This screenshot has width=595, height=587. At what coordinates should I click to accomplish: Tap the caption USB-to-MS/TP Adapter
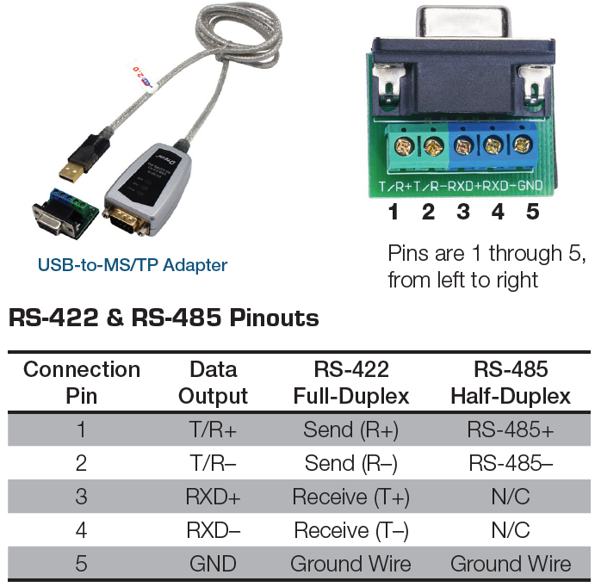click(132, 265)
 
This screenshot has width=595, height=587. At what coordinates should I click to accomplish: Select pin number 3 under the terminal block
click(463, 211)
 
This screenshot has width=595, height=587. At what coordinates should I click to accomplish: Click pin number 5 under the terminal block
click(532, 211)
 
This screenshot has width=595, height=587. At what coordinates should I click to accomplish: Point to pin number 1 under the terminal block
click(394, 211)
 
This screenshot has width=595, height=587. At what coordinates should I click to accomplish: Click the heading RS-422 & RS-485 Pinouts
click(164, 318)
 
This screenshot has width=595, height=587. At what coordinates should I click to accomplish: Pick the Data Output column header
click(213, 383)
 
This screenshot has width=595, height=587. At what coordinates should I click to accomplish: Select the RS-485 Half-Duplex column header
click(511, 383)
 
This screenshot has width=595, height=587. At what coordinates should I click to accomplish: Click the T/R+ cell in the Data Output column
click(213, 429)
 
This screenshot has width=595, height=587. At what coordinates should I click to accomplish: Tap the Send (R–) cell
click(350, 463)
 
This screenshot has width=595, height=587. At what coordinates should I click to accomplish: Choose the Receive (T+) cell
click(350, 497)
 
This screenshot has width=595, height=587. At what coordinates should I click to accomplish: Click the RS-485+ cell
click(511, 429)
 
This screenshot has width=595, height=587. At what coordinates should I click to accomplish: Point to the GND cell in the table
click(213, 564)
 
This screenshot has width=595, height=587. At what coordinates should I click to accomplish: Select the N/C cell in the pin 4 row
click(511, 530)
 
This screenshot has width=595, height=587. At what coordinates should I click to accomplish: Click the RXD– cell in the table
click(213, 530)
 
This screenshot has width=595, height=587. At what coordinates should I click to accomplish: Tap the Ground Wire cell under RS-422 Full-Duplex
click(350, 564)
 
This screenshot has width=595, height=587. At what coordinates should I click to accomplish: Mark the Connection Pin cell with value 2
click(81, 463)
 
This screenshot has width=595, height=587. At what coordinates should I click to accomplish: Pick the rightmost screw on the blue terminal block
click(521, 146)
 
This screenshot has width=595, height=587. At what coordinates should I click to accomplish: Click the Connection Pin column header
click(81, 383)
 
